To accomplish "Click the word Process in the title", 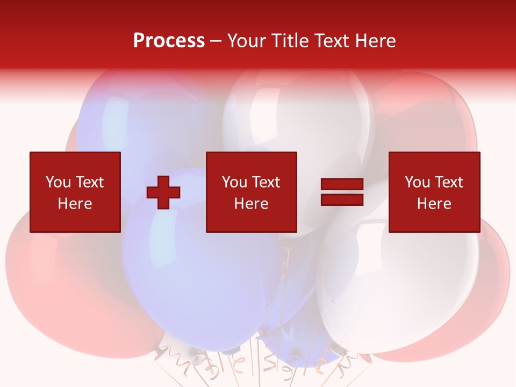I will (x=169, y=41).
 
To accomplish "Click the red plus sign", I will (x=163, y=192).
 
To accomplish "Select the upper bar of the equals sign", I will (x=342, y=184).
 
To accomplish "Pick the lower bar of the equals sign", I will (x=342, y=200).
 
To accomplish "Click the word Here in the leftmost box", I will (x=75, y=204).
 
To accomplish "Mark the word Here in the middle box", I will (x=251, y=204).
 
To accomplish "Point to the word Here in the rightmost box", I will (x=434, y=204).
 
